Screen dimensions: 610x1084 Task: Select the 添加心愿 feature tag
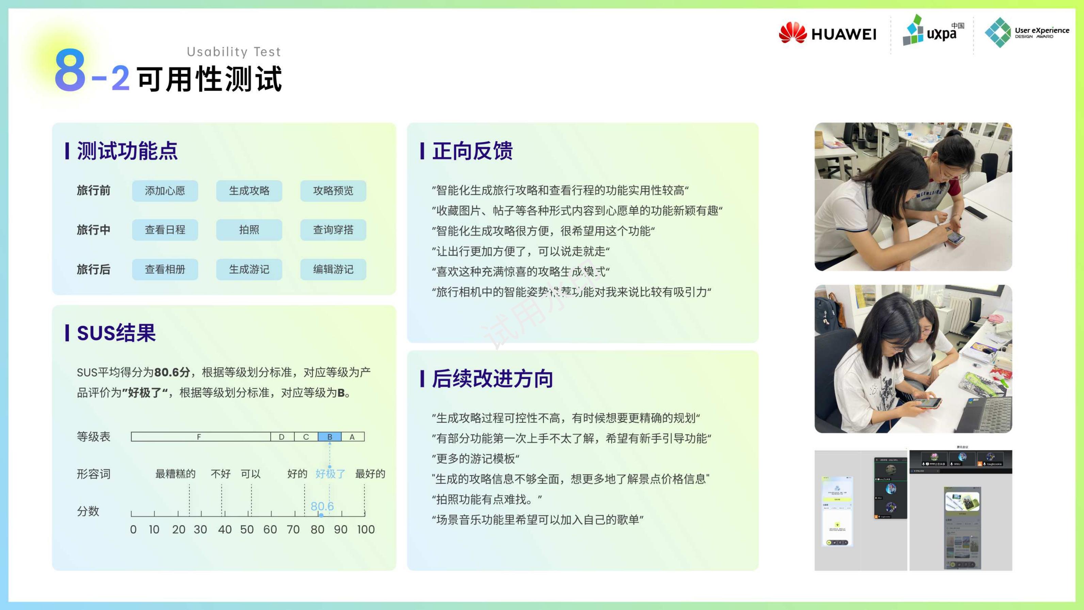[165, 191]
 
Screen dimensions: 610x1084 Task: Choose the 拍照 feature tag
[249, 230]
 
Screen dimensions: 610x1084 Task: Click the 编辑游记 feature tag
[333, 269]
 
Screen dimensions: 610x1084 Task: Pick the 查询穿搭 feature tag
[333, 230]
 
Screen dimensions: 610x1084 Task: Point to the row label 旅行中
[93, 230]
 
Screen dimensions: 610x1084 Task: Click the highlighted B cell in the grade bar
[329, 437]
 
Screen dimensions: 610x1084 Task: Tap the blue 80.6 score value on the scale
[322, 506]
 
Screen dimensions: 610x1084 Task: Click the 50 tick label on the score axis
[247, 529]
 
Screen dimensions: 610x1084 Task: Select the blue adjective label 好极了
[330, 474]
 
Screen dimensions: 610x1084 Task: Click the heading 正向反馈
[472, 151]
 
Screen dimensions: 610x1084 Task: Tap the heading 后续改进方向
[492, 378]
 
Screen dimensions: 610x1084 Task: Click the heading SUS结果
[116, 333]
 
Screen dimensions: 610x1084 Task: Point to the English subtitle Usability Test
[233, 52]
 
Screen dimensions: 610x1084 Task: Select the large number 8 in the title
[70, 70]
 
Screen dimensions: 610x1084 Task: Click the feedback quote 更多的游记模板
[475, 458]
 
